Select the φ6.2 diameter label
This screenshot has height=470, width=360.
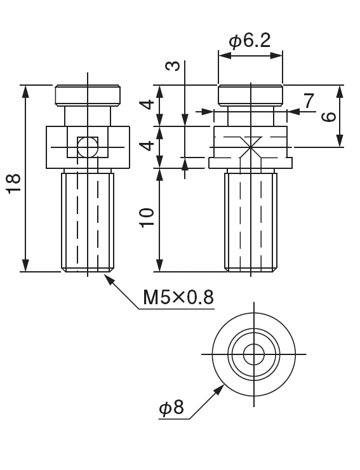[x=250, y=41]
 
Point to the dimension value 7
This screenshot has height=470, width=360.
[x=309, y=100]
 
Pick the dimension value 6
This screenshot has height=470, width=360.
[x=328, y=116]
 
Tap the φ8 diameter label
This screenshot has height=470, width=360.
[x=171, y=407]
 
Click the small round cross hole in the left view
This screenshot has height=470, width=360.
[x=87, y=147]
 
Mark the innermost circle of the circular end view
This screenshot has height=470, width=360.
[x=253, y=354]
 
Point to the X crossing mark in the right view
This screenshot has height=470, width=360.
[x=252, y=147]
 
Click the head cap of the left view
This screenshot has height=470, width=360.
[x=87, y=95]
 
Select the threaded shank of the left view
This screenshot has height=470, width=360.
[x=87, y=221]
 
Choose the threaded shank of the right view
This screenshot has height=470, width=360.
[x=252, y=221]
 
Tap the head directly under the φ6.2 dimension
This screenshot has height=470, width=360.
[x=250, y=95]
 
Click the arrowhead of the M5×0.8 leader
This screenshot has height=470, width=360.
[x=109, y=278]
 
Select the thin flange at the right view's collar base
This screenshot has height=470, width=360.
[x=252, y=163]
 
